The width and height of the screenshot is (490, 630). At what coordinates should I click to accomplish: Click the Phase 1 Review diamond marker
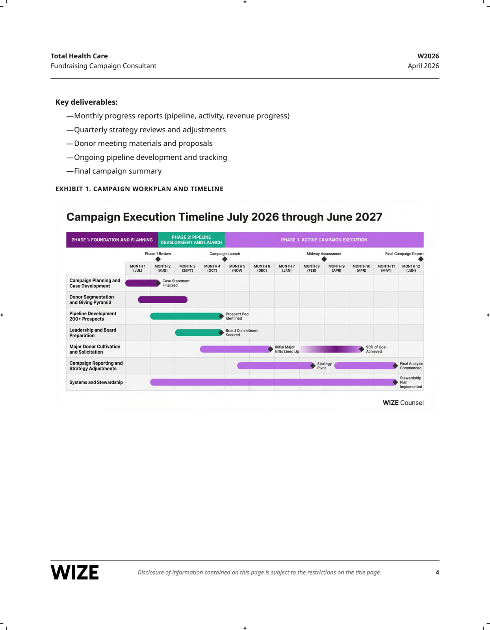click(158, 259)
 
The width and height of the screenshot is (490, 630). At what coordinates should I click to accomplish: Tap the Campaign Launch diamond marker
click(225, 259)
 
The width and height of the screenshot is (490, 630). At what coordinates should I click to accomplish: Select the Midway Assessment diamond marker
click(324, 259)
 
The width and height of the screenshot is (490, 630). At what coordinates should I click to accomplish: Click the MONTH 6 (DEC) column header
click(262, 268)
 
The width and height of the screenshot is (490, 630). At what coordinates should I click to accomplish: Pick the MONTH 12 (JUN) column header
click(411, 268)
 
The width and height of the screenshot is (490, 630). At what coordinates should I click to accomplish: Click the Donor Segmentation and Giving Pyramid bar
click(162, 300)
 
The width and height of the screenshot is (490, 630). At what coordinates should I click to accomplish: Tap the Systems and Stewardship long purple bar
click(272, 382)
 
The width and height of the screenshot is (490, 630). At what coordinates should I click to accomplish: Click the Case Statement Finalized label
click(176, 283)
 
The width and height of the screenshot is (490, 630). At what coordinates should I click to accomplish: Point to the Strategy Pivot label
click(324, 366)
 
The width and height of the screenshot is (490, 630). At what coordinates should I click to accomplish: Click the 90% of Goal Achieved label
click(376, 349)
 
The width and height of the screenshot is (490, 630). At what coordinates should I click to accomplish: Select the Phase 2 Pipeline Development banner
click(191, 240)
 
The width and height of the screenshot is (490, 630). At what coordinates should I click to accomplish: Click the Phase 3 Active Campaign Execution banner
click(324, 240)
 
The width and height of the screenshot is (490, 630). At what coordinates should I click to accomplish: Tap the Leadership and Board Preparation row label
click(93, 333)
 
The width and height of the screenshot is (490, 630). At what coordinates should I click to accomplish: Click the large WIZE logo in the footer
click(75, 573)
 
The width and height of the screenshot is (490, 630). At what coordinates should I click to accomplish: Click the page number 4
click(437, 573)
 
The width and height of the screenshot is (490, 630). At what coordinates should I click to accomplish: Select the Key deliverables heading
click(86, 102)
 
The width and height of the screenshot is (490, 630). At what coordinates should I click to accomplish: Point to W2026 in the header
click(428, 56)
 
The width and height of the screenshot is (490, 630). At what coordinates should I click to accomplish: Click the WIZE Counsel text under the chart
click(403, 403)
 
